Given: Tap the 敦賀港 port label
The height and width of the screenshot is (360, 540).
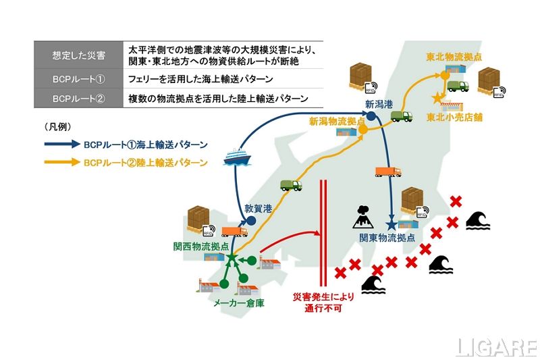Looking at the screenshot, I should pos(258,209).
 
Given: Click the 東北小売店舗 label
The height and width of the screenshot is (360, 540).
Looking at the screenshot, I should pos(454,117).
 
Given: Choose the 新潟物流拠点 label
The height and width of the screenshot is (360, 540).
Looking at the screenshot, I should pos(336,122).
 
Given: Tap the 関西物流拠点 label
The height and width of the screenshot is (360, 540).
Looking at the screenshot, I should pos(200,247).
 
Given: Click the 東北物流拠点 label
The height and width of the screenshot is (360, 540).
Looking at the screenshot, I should pos(454,57).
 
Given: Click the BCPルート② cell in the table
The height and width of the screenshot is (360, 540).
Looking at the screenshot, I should pos(78,98).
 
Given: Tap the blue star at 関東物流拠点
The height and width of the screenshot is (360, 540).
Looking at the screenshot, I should pos(390,224).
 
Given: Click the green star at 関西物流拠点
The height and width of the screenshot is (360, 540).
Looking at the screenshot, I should pos(230,259).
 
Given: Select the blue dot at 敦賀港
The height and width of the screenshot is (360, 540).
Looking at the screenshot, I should pos(250,220).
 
